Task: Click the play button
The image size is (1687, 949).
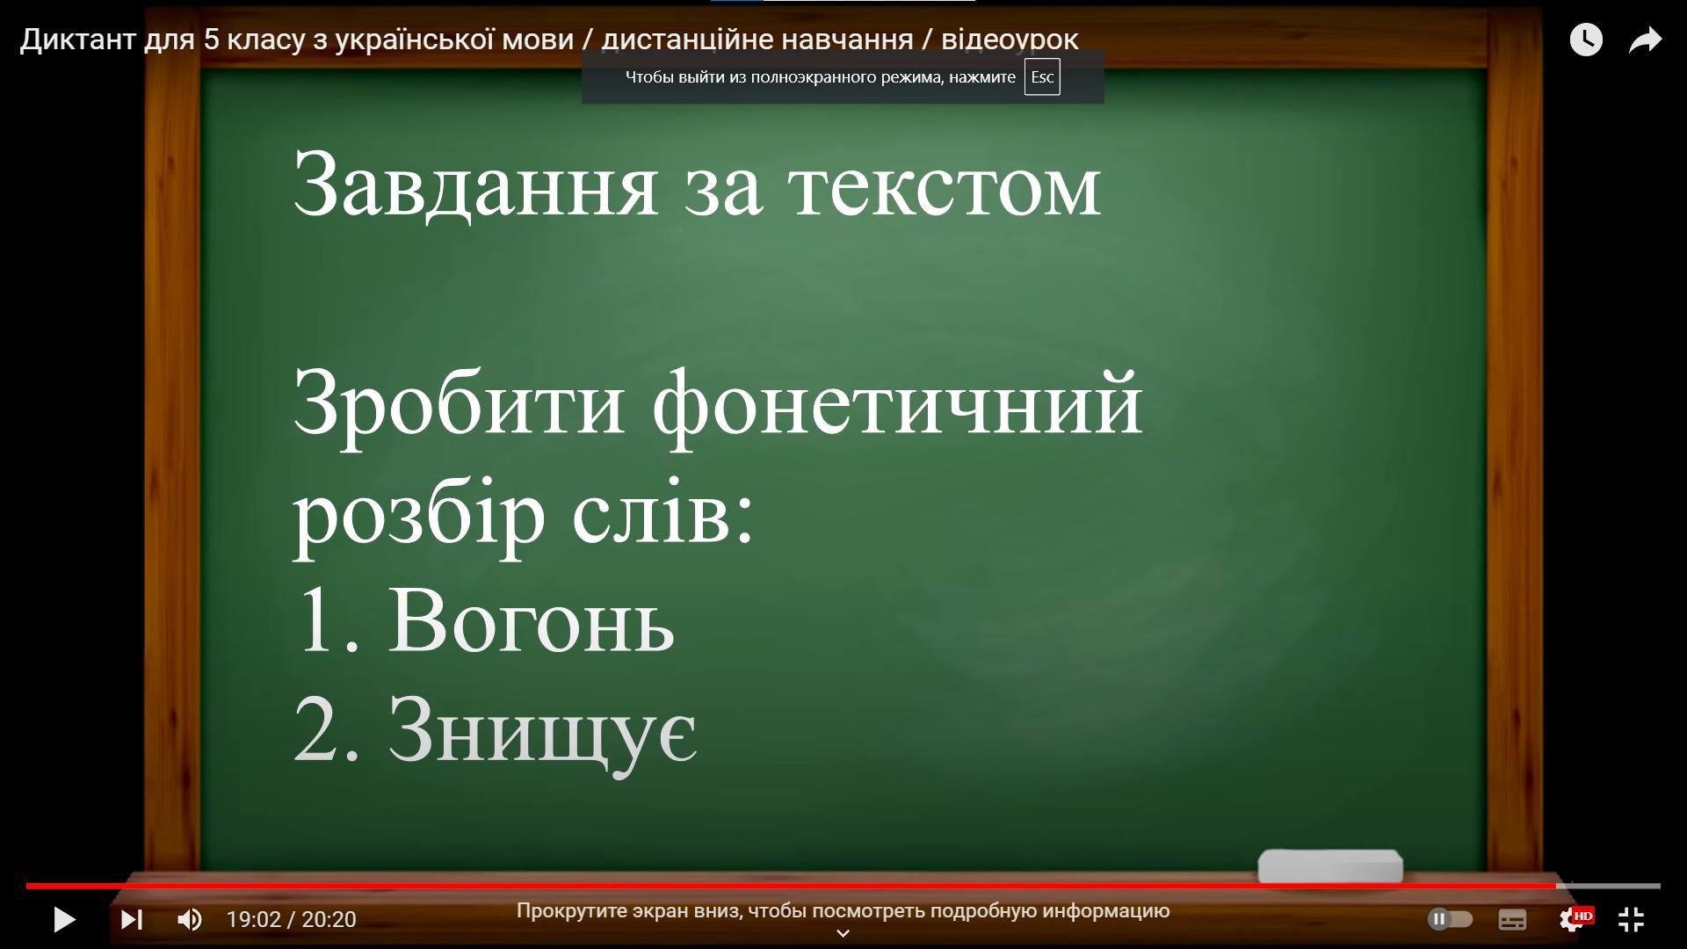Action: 65,919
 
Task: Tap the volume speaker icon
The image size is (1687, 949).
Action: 190,919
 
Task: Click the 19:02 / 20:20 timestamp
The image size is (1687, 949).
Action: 291,919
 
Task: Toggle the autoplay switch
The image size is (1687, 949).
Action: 1450,919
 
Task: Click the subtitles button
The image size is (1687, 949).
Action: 1512,919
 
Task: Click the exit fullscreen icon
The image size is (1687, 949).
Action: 1632,919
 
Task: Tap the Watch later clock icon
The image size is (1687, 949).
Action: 1586,40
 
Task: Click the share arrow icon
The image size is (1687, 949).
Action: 1645,40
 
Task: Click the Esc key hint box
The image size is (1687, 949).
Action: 1042,77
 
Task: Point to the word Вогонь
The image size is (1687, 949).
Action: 531,620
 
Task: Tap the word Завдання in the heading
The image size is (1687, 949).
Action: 475,185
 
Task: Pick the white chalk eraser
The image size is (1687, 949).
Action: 1330,866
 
